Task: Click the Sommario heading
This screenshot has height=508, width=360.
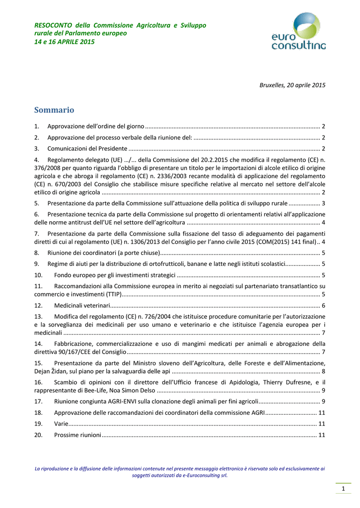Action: [x=54, y=110]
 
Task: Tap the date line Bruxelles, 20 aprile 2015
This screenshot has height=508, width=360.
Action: [x=292, y=85]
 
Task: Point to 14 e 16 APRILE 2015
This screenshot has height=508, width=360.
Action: [x=64, y=42]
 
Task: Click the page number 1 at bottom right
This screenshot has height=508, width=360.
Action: [x=343, y=490]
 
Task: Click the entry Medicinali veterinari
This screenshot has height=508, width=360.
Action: [x=82, y=305]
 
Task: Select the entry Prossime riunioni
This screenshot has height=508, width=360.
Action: [x=77, y=435]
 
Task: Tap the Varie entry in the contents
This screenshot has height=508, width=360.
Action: [x=61, y=424]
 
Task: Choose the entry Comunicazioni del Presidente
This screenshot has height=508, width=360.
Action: [x=87, y=148]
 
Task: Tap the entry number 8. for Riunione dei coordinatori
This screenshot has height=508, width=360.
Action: [x=37, y=253]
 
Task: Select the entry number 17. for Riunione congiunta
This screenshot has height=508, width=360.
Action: [x=39, y=401]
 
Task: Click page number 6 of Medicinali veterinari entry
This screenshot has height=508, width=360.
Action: [x=323, y=305]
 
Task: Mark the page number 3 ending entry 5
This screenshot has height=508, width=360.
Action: [x=323, y=203]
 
